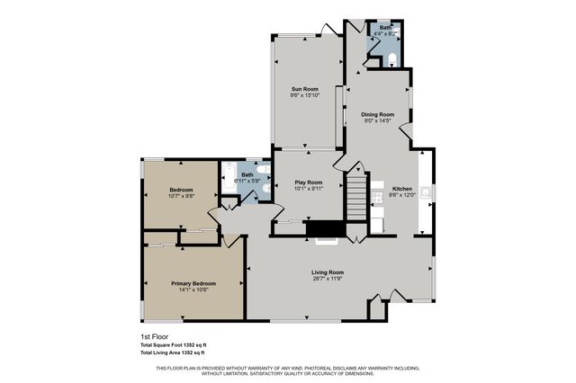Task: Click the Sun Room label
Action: [x=304, y=89]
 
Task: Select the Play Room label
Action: [x=309, y=183]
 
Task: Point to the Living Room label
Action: [x=328, y=272]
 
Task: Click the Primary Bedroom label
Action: [x=193, y=283]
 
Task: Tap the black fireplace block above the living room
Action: [x=321, y=230]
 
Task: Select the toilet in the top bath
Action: [x=392, y=59]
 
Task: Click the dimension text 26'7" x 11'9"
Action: [x=328, y=279]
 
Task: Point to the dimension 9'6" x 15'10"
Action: [x=304, y=95]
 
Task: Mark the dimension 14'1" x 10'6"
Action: [x=193, y=289]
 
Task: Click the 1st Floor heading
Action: [x=155, y=336]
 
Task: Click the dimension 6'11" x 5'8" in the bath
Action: [x=247, y=181]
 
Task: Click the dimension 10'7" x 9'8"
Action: [x=181, y=196]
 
